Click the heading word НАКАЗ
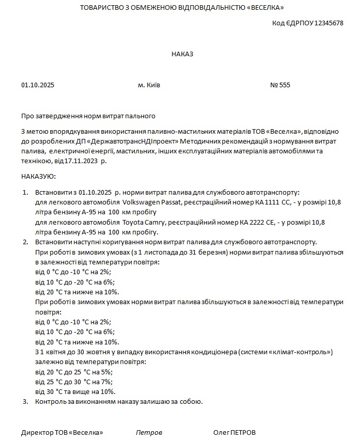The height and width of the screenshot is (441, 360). pos(182,54)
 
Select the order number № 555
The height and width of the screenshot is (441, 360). pos(280,85)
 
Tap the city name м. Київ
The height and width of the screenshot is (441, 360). pos(149,85)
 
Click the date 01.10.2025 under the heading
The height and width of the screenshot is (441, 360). pos(38,85)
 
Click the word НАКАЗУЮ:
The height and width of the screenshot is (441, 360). pos(38,177)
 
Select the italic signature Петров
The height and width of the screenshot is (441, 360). pos(149,432)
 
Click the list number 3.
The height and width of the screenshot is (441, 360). pos(25,401)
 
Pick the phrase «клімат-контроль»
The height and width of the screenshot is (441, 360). pos(305,352)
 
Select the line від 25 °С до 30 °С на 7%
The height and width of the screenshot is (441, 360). pos(73,382)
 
